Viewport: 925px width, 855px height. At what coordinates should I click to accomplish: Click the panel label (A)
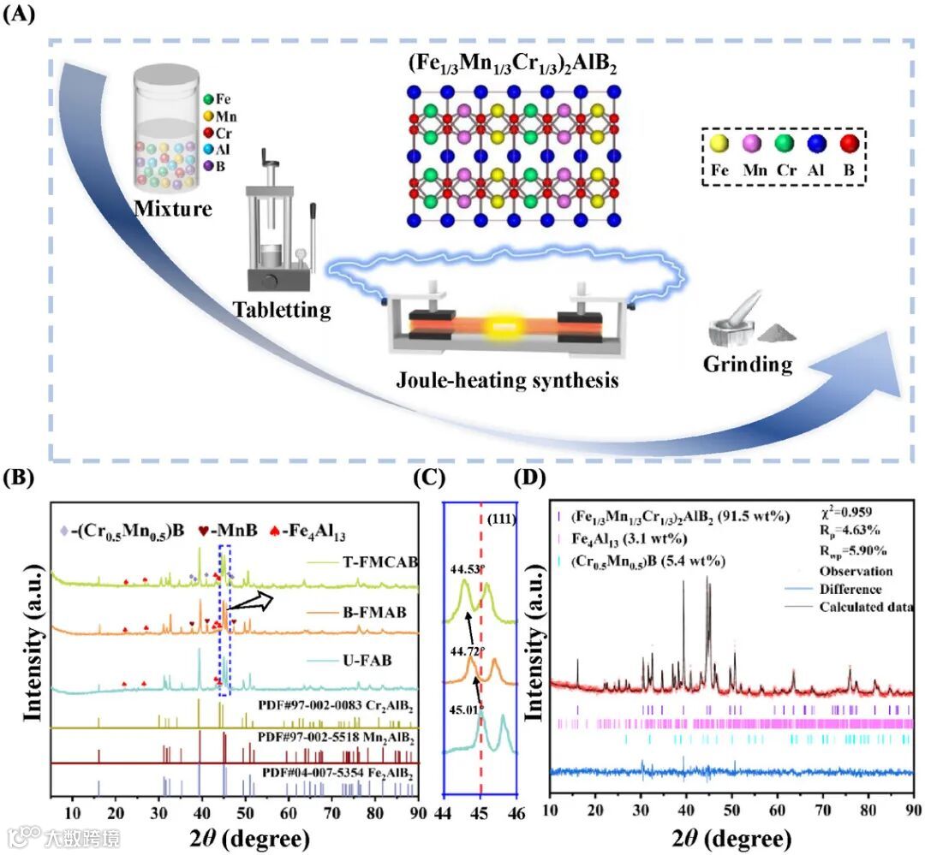click(x=21, y=15)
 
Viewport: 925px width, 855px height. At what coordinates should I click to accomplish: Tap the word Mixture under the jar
click(x=172, y=207)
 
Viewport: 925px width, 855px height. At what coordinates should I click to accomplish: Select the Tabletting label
click(x=282, y=310)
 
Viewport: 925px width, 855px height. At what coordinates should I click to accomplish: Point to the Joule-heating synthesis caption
click(x=506, y=379)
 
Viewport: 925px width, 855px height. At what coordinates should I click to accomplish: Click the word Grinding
click(x=748, y=364)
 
